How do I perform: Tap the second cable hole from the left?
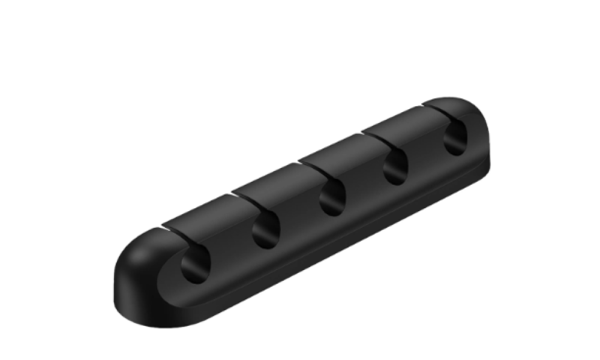point(265,231)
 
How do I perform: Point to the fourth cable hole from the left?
point(395,168)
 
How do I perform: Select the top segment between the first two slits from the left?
point(198,210)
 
